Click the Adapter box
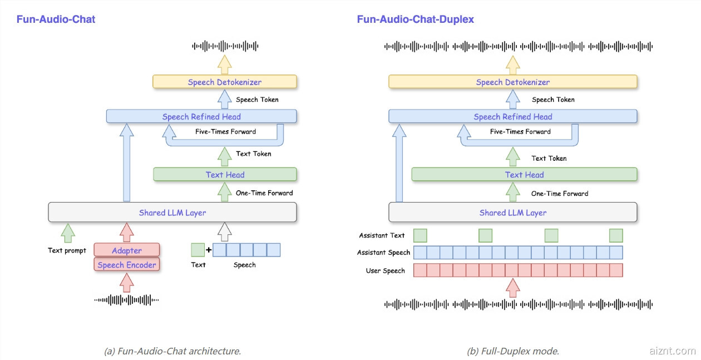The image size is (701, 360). click(127, 250)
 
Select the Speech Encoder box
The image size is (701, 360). click(127, 265)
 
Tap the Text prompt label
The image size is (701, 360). click(67, 250)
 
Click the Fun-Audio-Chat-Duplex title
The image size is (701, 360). click(415, 19)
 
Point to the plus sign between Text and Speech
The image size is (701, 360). click(209, 250)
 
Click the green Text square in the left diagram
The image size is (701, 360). click(198, 250)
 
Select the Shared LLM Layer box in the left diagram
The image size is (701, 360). click(172, 213)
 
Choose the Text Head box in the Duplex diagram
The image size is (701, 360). click(524, 175)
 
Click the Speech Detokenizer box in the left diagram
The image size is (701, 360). click(225, 82)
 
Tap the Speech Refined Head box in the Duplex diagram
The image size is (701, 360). click(512, 117)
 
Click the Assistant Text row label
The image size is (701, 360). click(382, 236)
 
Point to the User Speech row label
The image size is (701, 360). click(385, 271)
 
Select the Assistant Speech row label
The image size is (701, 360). click(383, 253)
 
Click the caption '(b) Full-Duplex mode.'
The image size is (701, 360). click(513, 352)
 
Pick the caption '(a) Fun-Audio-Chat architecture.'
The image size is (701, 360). click(172, 352)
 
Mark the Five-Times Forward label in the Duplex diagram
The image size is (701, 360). click(520, 132)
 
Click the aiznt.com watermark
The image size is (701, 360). click(672, 351)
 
